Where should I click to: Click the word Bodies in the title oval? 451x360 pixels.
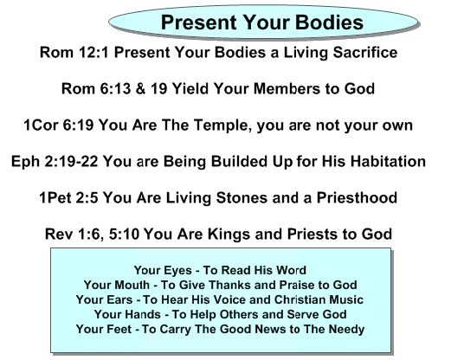click(329, 22)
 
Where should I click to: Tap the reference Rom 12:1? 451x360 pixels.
click(74, 53)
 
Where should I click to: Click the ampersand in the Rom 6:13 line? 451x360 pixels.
click(140, 88)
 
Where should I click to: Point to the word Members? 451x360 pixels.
click(287, 88)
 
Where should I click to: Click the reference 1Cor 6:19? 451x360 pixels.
click(59, 125)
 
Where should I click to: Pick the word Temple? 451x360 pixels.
click(222, 125)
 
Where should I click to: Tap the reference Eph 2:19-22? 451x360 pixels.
click(55, 162)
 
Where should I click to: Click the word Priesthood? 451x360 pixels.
click(358, 198)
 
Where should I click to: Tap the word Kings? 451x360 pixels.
click(229, 235)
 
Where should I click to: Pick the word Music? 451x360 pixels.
click(346, 299)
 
